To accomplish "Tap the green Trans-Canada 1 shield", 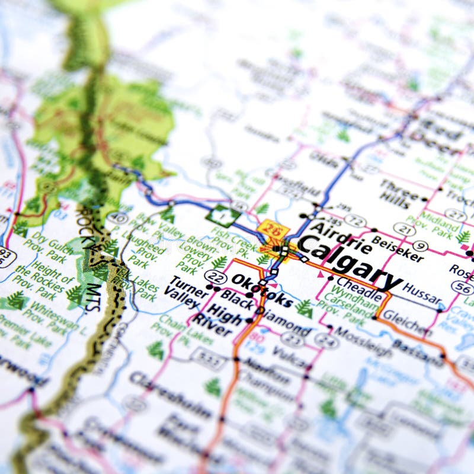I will [218, 215].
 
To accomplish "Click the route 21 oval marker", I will [404, 229].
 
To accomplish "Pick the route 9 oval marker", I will [419, 245].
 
